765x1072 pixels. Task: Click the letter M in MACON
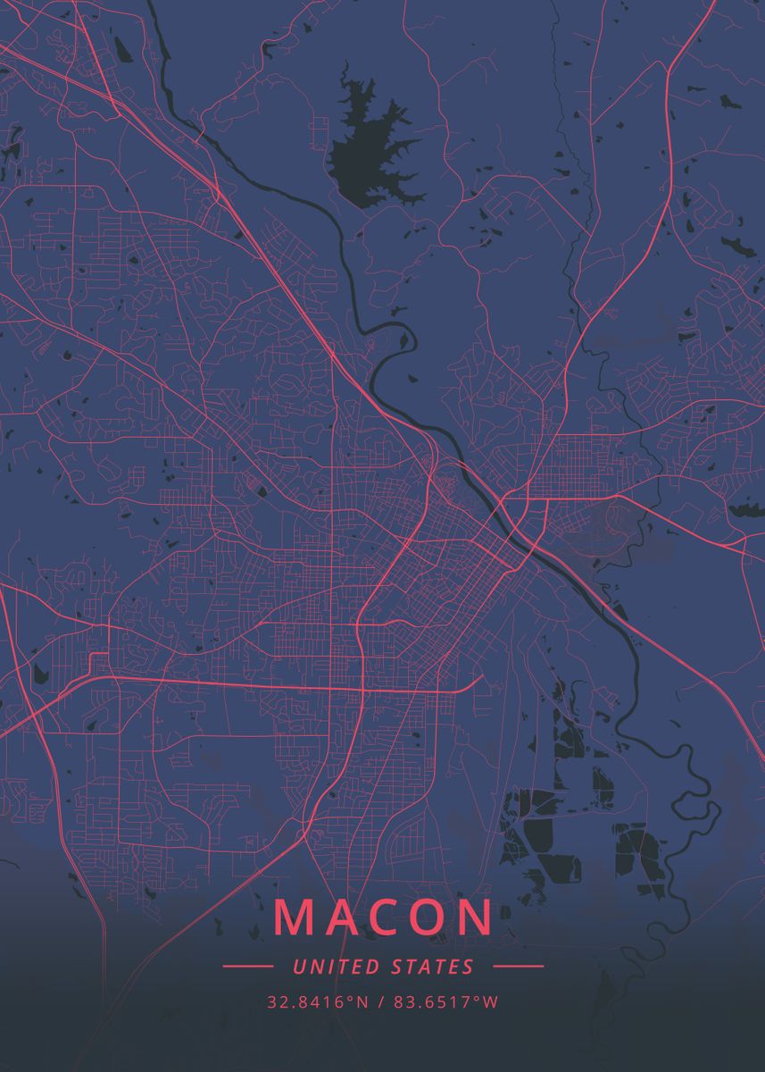(x=294, y=917)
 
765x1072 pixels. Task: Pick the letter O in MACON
(x=432, y=917)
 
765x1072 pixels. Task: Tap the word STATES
(x=433, y=967)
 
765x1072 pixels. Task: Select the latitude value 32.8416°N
(x=317, y=1002)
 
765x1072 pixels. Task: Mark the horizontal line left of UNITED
(x=247, y=967)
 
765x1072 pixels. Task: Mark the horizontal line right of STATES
(x=518, y=967)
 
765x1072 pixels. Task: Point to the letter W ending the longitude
(x=490, y=1002)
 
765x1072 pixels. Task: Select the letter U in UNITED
(x=298, y=967)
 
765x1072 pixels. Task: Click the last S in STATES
(x=469, y=967)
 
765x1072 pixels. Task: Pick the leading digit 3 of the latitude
(x=271, y=1002)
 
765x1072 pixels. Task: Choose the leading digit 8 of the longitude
(x=397, y=1002)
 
